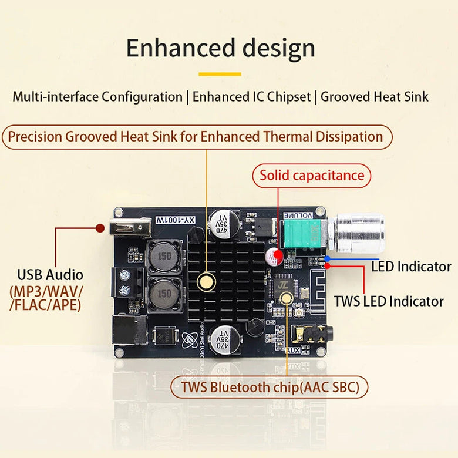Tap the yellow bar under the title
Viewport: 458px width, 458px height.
point(220,75)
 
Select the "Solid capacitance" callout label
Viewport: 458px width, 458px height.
point(312,175)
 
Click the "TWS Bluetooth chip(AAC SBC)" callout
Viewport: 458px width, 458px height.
point(270,387)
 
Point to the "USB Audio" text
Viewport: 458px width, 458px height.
point(50,274)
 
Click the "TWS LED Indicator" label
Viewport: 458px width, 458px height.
point(389,301)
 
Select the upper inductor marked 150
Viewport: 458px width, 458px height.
point(164,257)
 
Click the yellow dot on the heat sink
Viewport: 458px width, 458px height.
point(206,281)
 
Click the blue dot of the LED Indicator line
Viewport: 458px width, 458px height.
point(327,258)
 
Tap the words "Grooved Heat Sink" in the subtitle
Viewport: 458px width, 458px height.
point(375,96)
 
